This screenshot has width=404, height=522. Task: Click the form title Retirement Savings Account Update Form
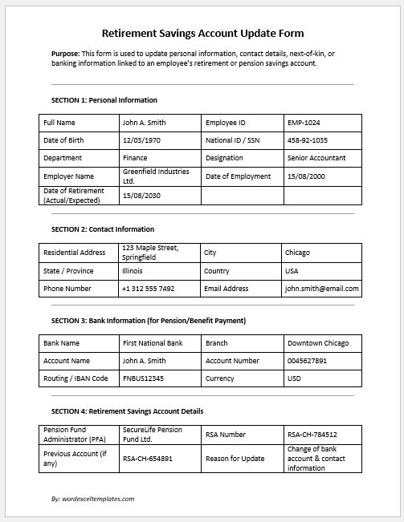[202, 34]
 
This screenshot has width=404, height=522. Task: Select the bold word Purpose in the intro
[65, 55]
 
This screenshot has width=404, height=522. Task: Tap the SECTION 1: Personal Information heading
[104, 100]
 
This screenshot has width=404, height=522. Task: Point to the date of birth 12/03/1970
[142, 140]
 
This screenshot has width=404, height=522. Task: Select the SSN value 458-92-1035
[307, 140]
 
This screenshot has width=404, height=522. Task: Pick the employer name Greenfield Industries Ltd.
[155, 176]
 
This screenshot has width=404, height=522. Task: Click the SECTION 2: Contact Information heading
[102, 229]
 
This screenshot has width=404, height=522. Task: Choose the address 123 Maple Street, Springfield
[149, 252]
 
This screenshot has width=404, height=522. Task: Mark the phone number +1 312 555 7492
[148, 289]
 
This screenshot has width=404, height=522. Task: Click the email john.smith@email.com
[321, 289]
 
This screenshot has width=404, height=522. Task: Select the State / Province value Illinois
[133, 271]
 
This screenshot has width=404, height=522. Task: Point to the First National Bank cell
[152, 343]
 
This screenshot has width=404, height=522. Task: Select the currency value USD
[294, 378]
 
